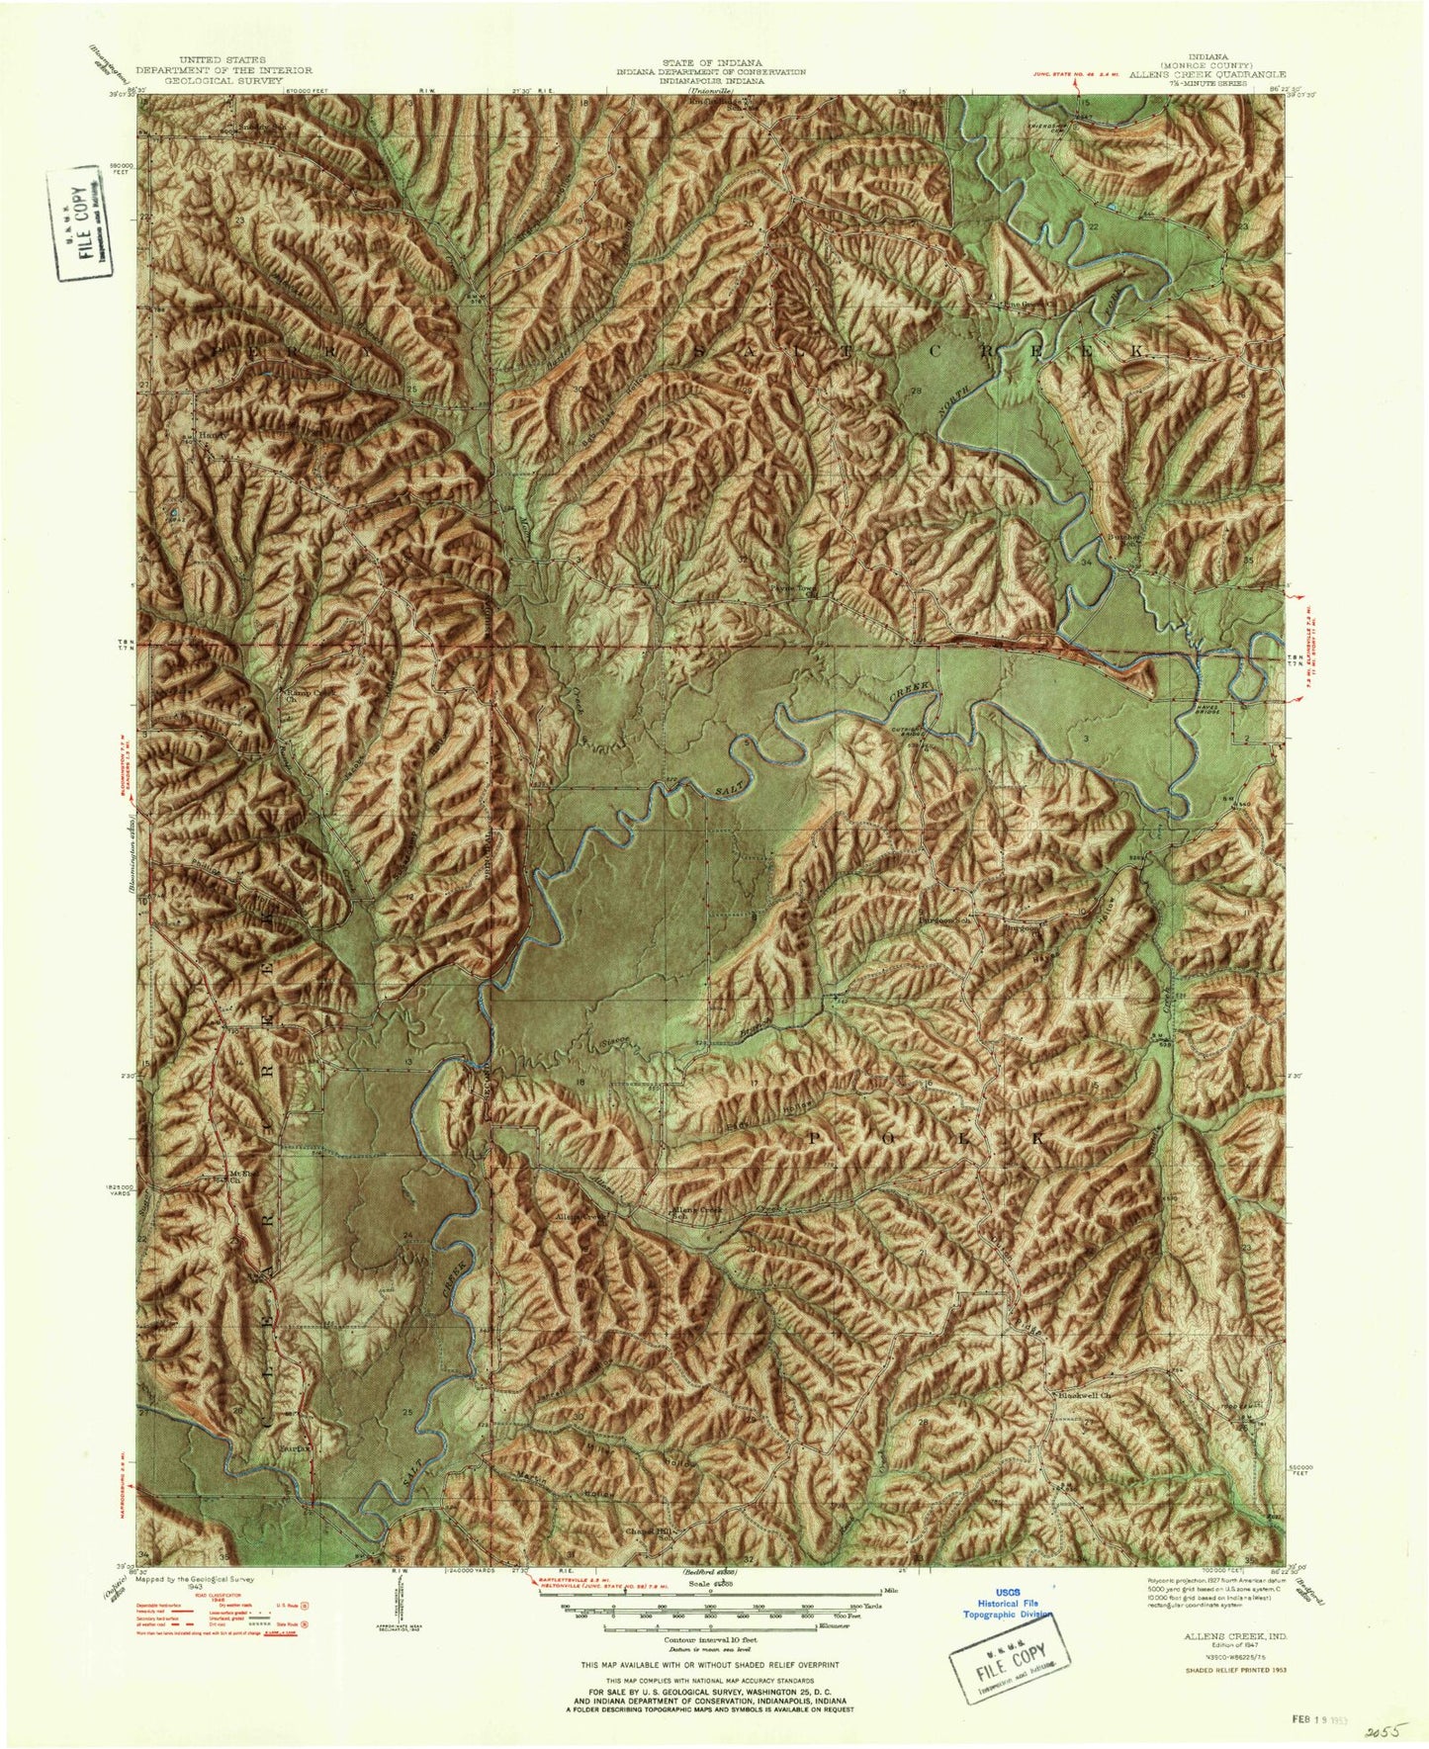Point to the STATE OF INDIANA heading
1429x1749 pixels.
click(x=710, y=62)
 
